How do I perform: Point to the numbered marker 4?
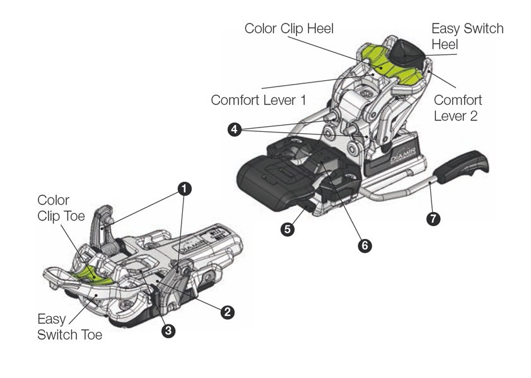click(x=234, y=129)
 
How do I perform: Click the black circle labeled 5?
click(x=288, y=230)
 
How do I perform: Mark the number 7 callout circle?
click(x=433, y=219)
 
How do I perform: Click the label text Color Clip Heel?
click(x=289, y=28)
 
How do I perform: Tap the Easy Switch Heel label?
click(x=467, y=37)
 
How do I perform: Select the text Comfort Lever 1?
click(x=259, y=100)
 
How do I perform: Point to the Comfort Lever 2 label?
click(x=458, y=108)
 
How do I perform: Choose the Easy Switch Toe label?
click(x=69, y=326)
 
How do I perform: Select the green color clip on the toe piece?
click(x=93, y=273)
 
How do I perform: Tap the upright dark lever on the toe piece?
click(x=104, y=221)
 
